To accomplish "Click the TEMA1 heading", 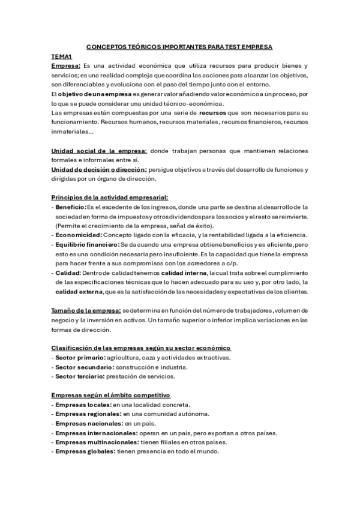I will click(62, 55).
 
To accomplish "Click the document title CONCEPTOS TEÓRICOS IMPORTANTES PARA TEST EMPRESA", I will click(180, 46).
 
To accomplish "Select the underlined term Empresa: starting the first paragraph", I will click(66, 65).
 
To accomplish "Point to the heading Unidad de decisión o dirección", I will click(99, 169).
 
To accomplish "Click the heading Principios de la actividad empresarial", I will click(110, 197).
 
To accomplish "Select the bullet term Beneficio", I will click(71, 207).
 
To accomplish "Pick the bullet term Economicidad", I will click(78, 235).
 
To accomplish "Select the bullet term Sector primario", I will click(76, 358).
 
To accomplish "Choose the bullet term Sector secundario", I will click(80, 367).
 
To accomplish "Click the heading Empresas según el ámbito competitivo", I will click(111, 396).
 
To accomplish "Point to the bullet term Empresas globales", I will click(85, 452).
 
